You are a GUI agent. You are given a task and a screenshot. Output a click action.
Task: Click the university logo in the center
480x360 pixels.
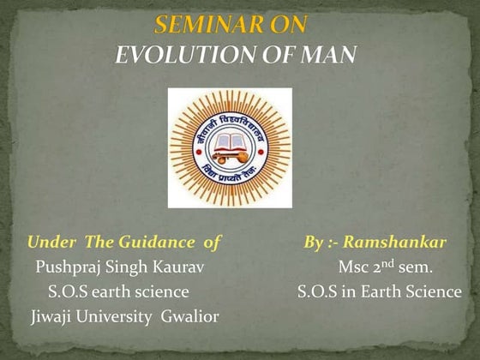tap(230, 147)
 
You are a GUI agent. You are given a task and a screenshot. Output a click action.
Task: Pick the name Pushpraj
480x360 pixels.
tap(69, 267)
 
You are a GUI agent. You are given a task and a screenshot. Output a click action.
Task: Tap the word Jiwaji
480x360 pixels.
tap(52, 317)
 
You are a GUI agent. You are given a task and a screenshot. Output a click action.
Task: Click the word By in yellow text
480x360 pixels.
tap(315, 242)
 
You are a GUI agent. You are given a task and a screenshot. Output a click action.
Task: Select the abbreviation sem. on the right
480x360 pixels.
tap(415, 267)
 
